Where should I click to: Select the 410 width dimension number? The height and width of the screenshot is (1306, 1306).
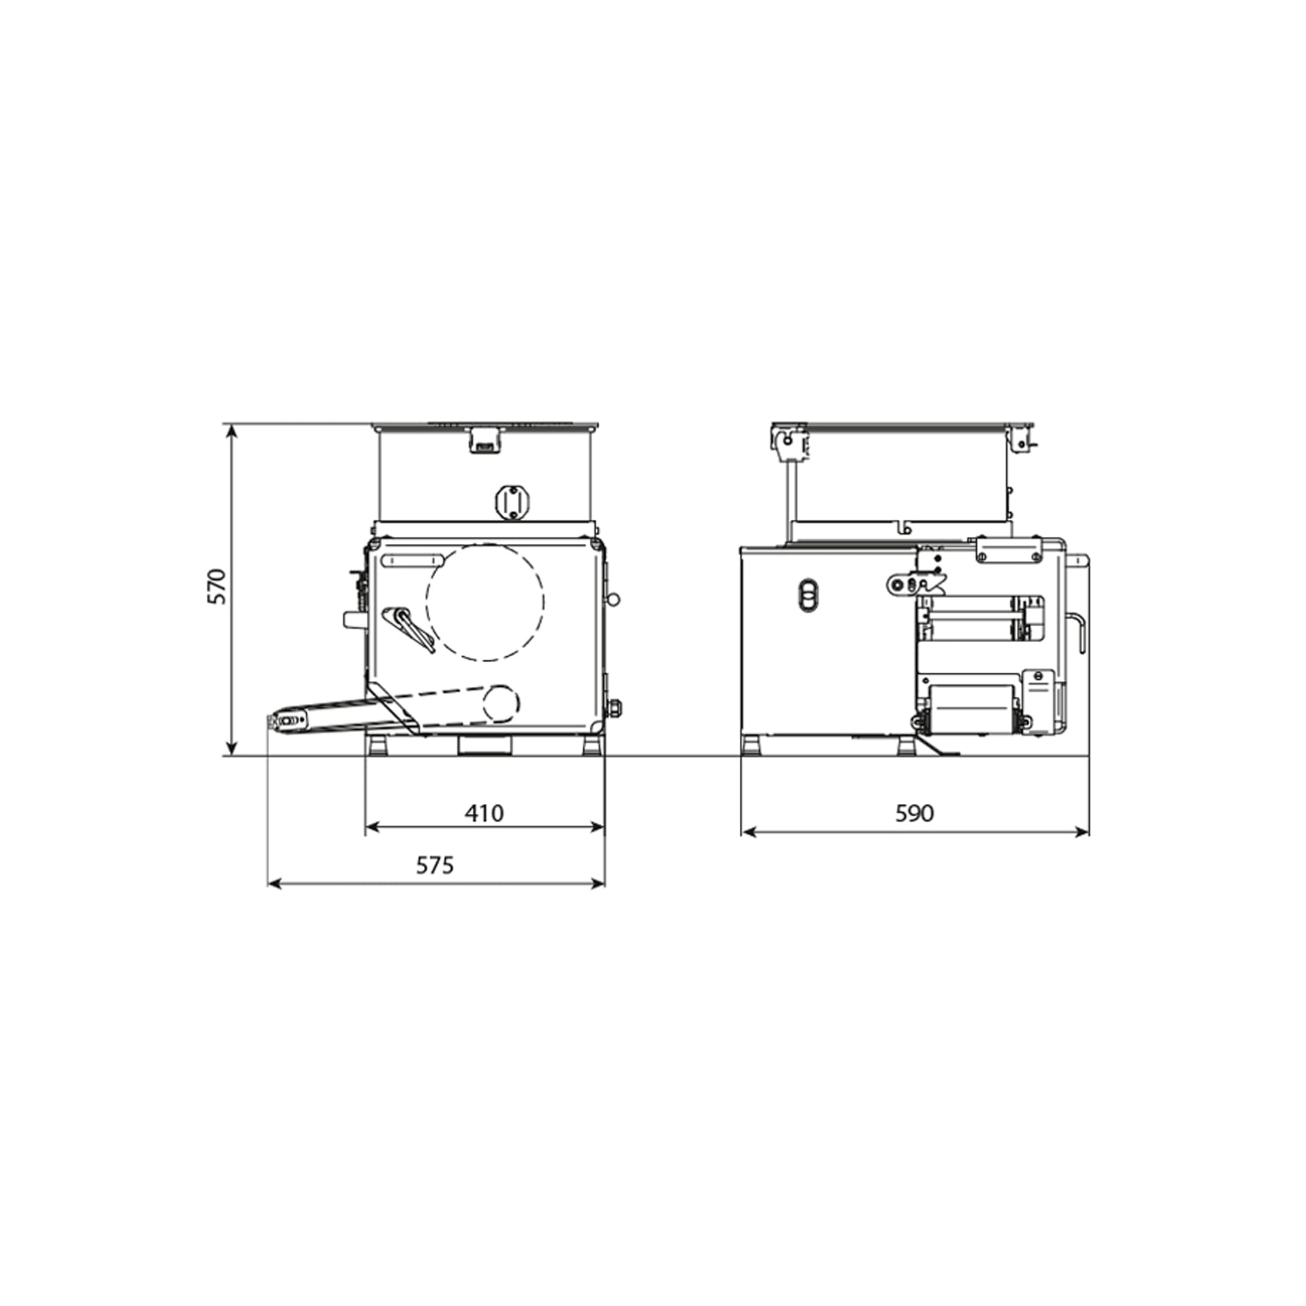coord(484,812)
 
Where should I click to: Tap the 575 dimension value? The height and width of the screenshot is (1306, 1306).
coord(435,865)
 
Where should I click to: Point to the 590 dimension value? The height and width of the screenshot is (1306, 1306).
coord(914,812)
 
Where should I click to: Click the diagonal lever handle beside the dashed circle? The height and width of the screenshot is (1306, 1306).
coord(408,629)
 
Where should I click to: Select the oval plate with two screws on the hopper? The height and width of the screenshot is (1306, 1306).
coord(512,502)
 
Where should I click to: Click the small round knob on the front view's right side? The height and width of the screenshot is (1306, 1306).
coord(614,599)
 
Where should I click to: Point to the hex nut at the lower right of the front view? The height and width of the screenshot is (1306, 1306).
coord(615,708)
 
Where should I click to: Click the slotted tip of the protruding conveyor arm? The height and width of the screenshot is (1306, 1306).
coord(287,722)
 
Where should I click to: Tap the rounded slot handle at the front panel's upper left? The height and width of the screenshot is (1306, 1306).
coord(412,560)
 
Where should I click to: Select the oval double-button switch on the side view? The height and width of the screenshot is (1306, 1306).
coord(808,595)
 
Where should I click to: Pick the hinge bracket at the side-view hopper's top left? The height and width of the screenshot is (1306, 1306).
coord(789,443)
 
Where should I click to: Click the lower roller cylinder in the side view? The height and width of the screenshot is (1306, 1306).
coord(971,710)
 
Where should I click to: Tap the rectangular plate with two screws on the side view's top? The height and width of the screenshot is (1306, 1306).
coord(1008,550)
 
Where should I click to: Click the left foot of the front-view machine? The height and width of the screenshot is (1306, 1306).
coord(377,746)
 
